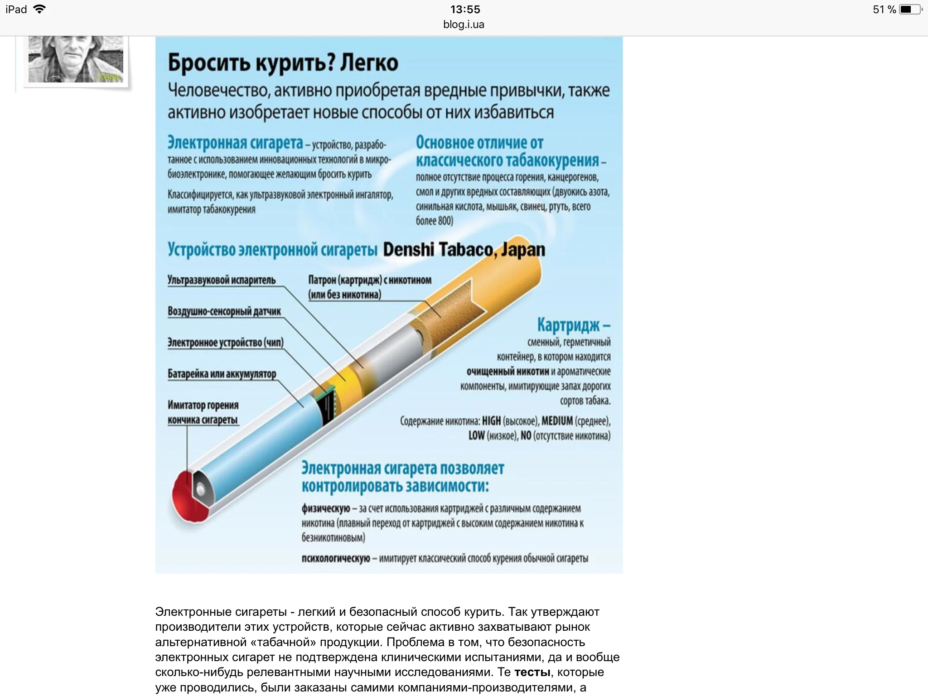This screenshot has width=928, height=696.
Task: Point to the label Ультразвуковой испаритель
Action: [222, 280]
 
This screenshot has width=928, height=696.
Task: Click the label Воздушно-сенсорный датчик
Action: [224, 311]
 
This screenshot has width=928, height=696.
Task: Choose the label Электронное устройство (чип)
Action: [226, 343]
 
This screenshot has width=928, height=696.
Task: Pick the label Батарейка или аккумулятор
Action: [222, 374]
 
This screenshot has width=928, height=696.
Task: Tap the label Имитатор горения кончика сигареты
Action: [203, 412]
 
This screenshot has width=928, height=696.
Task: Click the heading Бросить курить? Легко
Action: [283, 63]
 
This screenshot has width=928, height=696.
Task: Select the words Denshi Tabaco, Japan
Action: [464, 250]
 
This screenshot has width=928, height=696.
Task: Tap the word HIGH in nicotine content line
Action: [491, 421]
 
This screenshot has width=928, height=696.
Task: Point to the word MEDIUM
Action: [557, 421]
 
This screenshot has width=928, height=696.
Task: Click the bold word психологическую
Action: [336, 558]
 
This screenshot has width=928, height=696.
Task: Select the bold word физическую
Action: [326, 508]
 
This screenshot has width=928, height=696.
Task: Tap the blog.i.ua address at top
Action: [464, 24]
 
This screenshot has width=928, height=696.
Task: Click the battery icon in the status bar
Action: [910, 10]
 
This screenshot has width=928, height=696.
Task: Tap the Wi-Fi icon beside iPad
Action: [40, 9]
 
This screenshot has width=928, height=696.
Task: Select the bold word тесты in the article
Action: [532, 672]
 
